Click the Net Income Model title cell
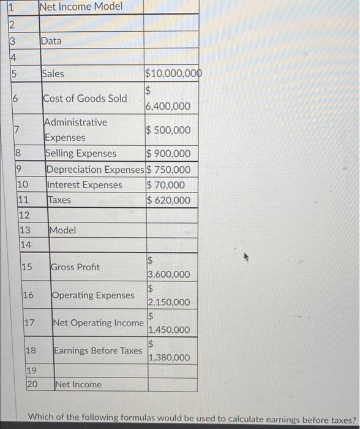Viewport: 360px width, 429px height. tap(81, 7)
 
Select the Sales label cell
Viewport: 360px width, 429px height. tap(53, 74)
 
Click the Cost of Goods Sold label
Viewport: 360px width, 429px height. tap(85, 99)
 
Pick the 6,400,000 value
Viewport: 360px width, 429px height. tap(168, 107)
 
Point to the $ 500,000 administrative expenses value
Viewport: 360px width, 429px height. tap(168, 130)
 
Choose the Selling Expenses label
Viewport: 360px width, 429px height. tap(81, 153)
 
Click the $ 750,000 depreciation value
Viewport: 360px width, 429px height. tap(168, 170)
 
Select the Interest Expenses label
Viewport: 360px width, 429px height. tap(84, 185)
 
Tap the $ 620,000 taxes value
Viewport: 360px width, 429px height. tap(168, 200)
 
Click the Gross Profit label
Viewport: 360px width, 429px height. tap(75, 267)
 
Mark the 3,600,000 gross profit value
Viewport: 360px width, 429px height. tap(169, 275)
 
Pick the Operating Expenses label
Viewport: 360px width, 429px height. tap(93, 295)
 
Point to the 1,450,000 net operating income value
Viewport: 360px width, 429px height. tap(170, 330)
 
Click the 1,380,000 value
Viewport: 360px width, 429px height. tap(170, 358)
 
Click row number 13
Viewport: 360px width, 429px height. tap(25, 230)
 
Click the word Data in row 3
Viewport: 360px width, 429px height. tap(51, 41)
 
